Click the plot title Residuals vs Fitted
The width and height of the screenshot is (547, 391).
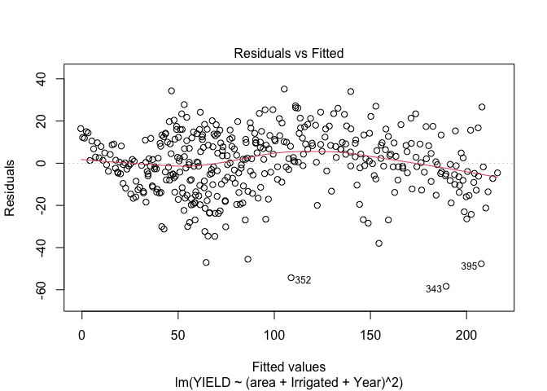pyautogui.click(x=289, y=53)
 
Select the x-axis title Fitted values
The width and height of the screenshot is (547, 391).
pyautogui.click(x=289, y=367)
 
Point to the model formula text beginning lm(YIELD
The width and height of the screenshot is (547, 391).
pyautogui.click(x=289, y=381)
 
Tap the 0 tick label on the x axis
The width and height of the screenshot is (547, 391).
pyautogui.click(x=81, y=334)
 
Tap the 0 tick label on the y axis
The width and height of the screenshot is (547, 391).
pyautogui.click(x=48, y=163)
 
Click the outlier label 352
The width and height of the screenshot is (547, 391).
pyautogui.click(x=303, y=280)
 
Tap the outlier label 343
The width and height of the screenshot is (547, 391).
pyautogui.click(x=433, y=289)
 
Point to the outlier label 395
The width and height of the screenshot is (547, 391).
pyautogui.click(x=469, y=266)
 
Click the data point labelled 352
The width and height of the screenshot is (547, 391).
pyautogui.click(x=291, y=278)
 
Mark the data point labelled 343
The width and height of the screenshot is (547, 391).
pyautogui.click(x=446, y=287)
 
